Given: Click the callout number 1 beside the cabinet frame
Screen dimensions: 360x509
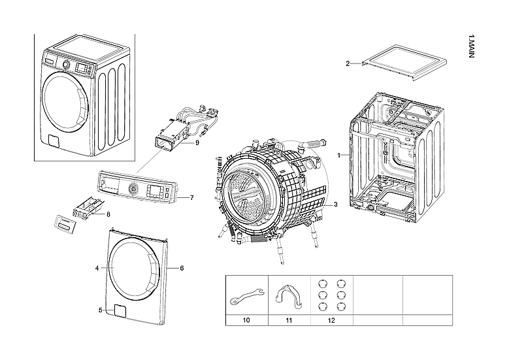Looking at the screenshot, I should [x=338, y=155].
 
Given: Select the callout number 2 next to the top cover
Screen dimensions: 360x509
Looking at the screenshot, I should [x=348, y=63].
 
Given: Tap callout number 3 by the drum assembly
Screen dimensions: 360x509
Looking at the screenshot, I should [x=335, y=205].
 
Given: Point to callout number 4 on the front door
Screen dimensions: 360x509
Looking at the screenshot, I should [x=97, y=269].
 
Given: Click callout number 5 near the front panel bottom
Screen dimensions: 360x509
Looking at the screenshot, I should [x=100, y=310].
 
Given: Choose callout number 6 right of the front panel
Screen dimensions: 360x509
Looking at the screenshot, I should [x=182, y=269].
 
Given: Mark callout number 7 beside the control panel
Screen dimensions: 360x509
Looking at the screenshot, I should [x=191, y=197].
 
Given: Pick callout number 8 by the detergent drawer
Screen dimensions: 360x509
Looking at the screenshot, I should [x=108, y=214].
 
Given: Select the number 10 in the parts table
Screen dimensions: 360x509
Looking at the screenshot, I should [x=246, y=320].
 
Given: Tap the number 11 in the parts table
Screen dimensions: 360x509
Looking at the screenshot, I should [x=288, y=320].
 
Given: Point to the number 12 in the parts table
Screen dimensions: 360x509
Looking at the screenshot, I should [x=331, y=320].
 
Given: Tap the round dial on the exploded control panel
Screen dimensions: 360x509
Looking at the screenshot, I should [x=134, y=189].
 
